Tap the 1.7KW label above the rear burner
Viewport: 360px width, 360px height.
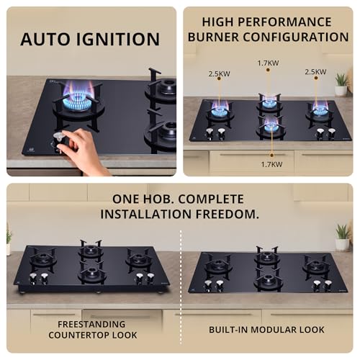[x=268, y=63]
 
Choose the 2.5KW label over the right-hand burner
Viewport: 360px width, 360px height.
[x=315, y=72]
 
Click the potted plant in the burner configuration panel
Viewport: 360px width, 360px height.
[x=341, y=84]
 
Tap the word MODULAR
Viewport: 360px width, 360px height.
[x=277, y=329]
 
